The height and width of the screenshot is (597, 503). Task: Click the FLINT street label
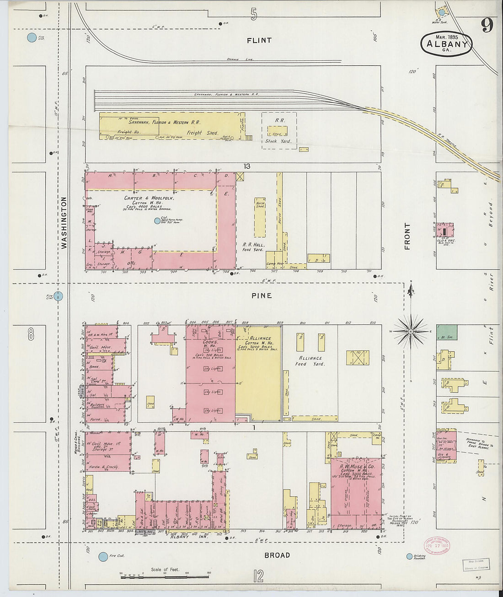coord(259,40)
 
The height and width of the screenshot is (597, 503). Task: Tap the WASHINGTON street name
coord(64,223)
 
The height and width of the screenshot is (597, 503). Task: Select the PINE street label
coord(262,296)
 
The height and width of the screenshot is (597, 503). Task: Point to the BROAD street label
coord(277,555)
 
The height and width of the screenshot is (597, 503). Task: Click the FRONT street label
coord(407,236)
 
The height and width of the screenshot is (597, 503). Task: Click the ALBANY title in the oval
coord(446,44)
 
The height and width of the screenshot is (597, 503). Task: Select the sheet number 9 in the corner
coord(487,26)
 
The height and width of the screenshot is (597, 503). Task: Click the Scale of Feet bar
coord(165,577)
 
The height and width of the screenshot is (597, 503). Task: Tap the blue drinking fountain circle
coord(409,557)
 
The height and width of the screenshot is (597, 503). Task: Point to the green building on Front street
coord(446,332)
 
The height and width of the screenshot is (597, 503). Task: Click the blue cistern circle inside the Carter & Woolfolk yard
coord(157,221)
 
